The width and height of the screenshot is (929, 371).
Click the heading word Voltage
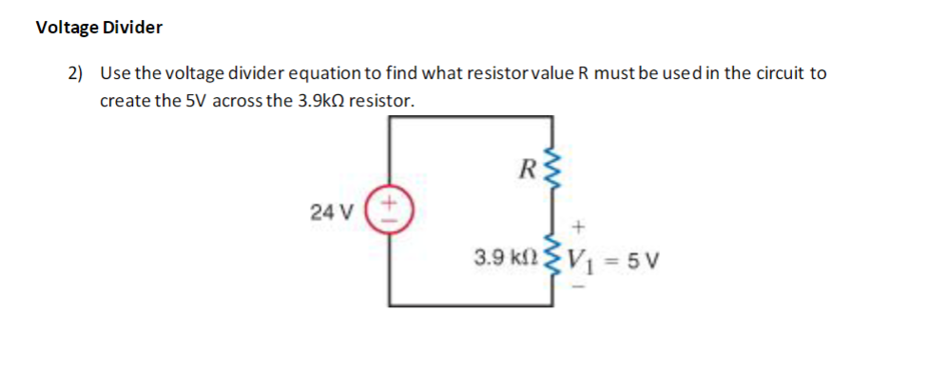tap(65, 28)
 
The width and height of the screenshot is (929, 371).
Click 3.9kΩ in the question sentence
tap(307, 101)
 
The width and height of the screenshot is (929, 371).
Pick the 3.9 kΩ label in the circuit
tap(506, 258)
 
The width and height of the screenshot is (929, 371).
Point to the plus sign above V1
tap(579, 226)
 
